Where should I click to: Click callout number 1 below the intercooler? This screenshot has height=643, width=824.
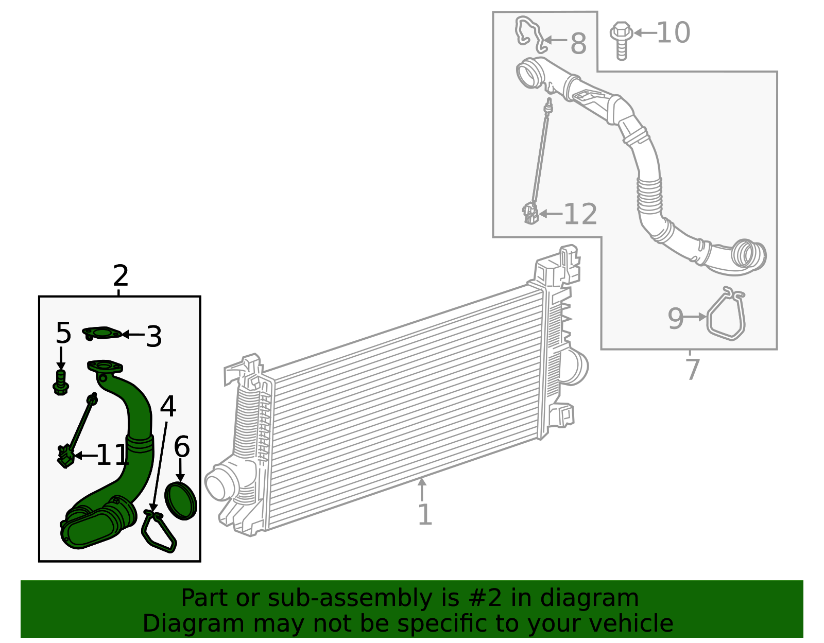click(425, 514)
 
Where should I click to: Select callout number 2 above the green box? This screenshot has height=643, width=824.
click(121, 276)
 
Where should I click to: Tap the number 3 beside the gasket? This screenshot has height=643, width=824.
click(154, 336)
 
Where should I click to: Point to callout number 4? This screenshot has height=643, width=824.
click(168, 406)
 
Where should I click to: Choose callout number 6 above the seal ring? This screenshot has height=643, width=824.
click(182, 447)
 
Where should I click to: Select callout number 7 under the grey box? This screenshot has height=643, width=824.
click(693, 370)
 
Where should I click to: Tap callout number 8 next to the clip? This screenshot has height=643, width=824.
click(578, 44)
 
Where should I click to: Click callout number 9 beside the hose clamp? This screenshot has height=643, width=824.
click(675, 319)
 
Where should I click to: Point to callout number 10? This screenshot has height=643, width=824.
click(673, 32)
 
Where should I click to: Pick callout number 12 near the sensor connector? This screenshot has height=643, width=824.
click(580, 214)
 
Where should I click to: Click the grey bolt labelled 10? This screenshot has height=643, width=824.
click(621, 41)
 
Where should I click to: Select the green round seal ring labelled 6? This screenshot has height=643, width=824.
click(181, 501)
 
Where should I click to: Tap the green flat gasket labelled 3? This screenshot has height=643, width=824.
click(102, 334)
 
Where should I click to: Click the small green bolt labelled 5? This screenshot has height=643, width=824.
click(61, 383)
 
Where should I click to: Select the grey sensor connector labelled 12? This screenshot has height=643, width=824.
click(530, 213)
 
